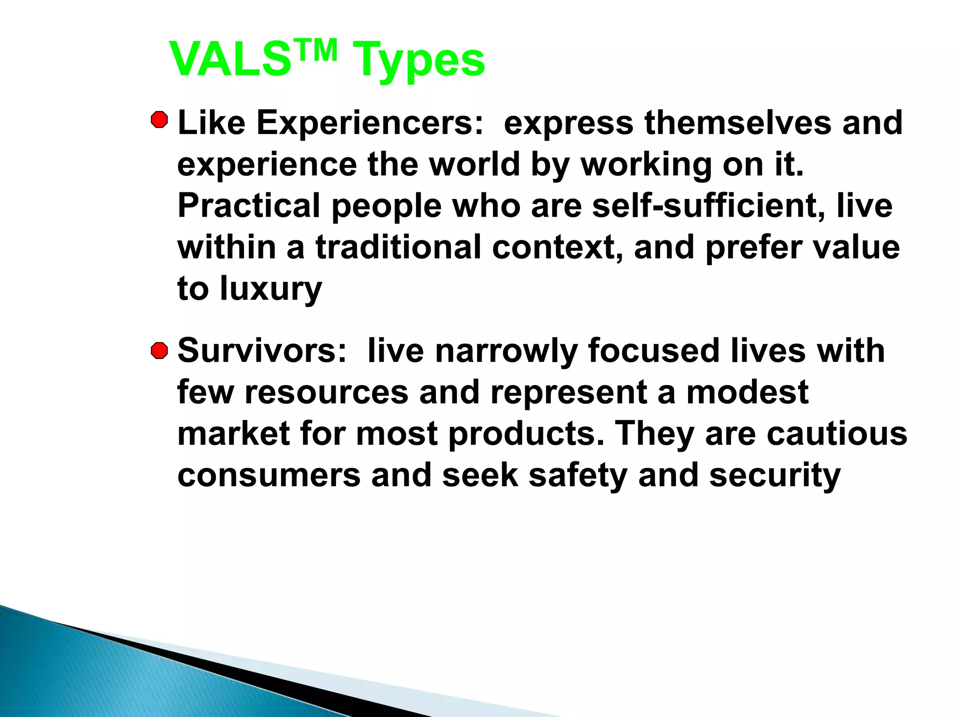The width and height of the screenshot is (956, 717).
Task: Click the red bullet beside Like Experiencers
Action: tap(160, 120)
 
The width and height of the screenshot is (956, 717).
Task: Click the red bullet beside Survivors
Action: tap(160, 351)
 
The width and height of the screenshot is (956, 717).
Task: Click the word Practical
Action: tap(249, 205)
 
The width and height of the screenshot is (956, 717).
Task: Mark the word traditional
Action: tap(398, 247)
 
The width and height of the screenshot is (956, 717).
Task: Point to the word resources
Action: tap(326, 392)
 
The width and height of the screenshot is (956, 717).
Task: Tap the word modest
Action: tap(747, 392)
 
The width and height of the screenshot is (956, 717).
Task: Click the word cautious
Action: tap(836, 434)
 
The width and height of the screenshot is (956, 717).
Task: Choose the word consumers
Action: tap(269, 475)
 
